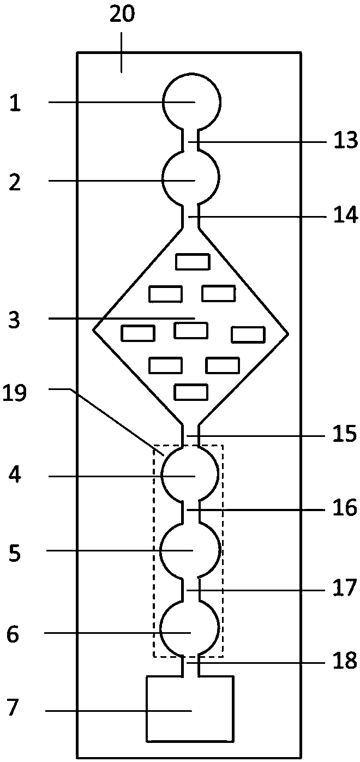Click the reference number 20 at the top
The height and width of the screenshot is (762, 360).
[122, 14]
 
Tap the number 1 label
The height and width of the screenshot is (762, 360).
[16, 103]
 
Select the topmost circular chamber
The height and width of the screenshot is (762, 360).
[191, 101]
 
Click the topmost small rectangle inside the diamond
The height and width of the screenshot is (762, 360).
[192, 262]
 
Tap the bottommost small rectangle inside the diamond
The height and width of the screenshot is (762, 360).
[190, 392]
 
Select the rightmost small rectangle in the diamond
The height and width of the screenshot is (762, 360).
[248, 334]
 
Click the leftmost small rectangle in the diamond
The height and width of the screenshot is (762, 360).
[138, 333]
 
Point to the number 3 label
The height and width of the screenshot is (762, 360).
[15, 320]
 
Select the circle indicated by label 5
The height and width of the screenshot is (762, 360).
[190, 550]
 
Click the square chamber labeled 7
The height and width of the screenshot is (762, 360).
[190, 709]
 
